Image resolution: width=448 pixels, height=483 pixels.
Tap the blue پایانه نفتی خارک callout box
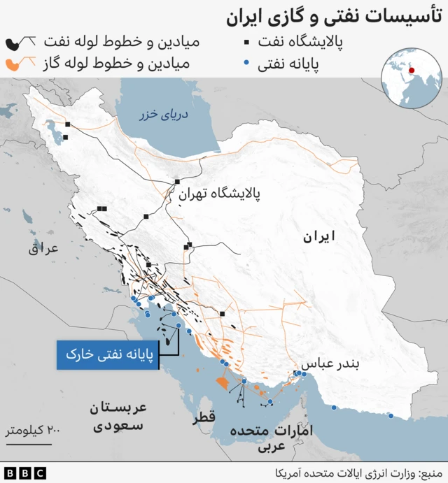pyautogui.click(x=107, y=355)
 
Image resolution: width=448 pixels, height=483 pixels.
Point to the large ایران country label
pyautogui.click(x=318, y=237)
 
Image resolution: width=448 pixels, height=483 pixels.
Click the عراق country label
pyautogui.click(x=45, y=247)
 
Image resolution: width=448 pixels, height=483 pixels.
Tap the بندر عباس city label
pyautogui.click(x=328, y=364)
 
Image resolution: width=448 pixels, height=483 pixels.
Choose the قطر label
pyautogui.click(x=204, y=417)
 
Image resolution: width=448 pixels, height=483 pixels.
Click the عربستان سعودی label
pyautogui.click(x=118, y=416)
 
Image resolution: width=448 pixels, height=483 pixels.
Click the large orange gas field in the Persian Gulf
pyautogui.click(x=221, y=382)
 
